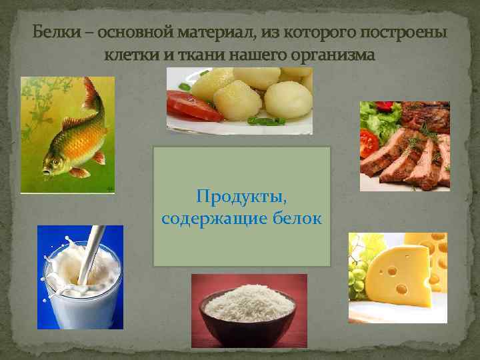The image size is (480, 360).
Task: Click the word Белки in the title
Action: tap(51, 33)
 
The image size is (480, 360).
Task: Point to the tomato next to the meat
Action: tap(369, 144)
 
